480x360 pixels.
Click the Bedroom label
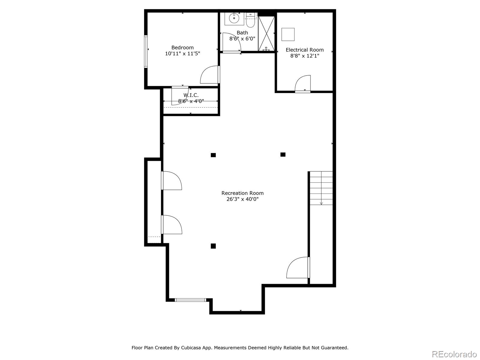182,47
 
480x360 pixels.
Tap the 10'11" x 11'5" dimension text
182,54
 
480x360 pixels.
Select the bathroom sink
234,19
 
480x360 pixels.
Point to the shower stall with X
266,33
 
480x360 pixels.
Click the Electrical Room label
304,50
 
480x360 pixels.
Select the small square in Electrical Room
288,34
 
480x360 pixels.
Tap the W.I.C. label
191,95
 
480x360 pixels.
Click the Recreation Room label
242,193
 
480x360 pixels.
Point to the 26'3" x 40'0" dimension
242,199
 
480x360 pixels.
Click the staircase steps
321,188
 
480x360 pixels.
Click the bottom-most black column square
213,246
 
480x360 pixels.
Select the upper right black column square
283,154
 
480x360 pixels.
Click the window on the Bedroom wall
146,51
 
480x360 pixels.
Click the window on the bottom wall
190,300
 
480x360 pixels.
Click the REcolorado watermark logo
454,354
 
